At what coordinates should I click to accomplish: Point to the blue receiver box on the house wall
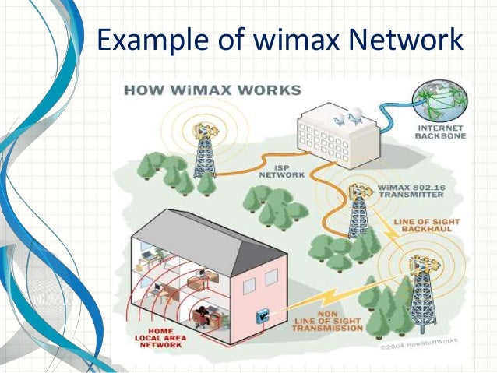pos(263,314)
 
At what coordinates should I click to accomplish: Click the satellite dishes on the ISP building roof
pos(344,117)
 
